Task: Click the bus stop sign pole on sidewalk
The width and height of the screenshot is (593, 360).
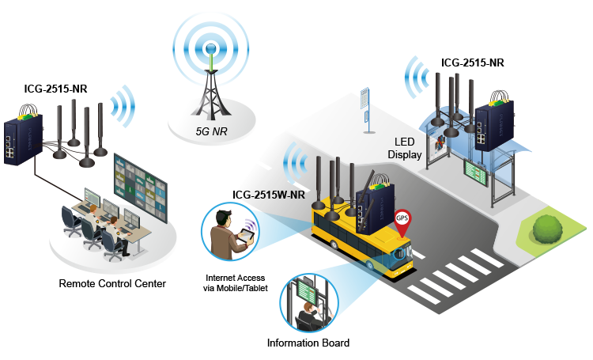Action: pos(365,108)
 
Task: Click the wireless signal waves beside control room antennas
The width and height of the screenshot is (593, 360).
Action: pos(123,106)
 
